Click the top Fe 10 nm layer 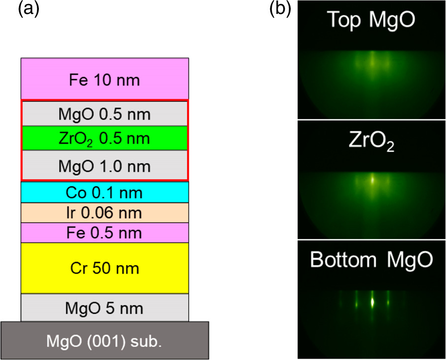pyautogui.click(x=105, y=79)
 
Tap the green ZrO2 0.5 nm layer pyautogui.click(x=105, y=138)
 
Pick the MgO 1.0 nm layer pyautogui.click(x=105, y=165)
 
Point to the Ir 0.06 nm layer pyautogui.click(x=105, y=213)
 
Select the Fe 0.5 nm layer pyautogui.click(x=105, y=233)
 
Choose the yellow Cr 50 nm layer pyautogui.click(x=105, y=268)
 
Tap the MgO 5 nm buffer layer pyautogui.click(x=105, y=308)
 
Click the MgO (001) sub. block pyautogui.click(x=105, y=341)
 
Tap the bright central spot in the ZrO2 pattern pyautogui.click(x=372, y=179)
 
